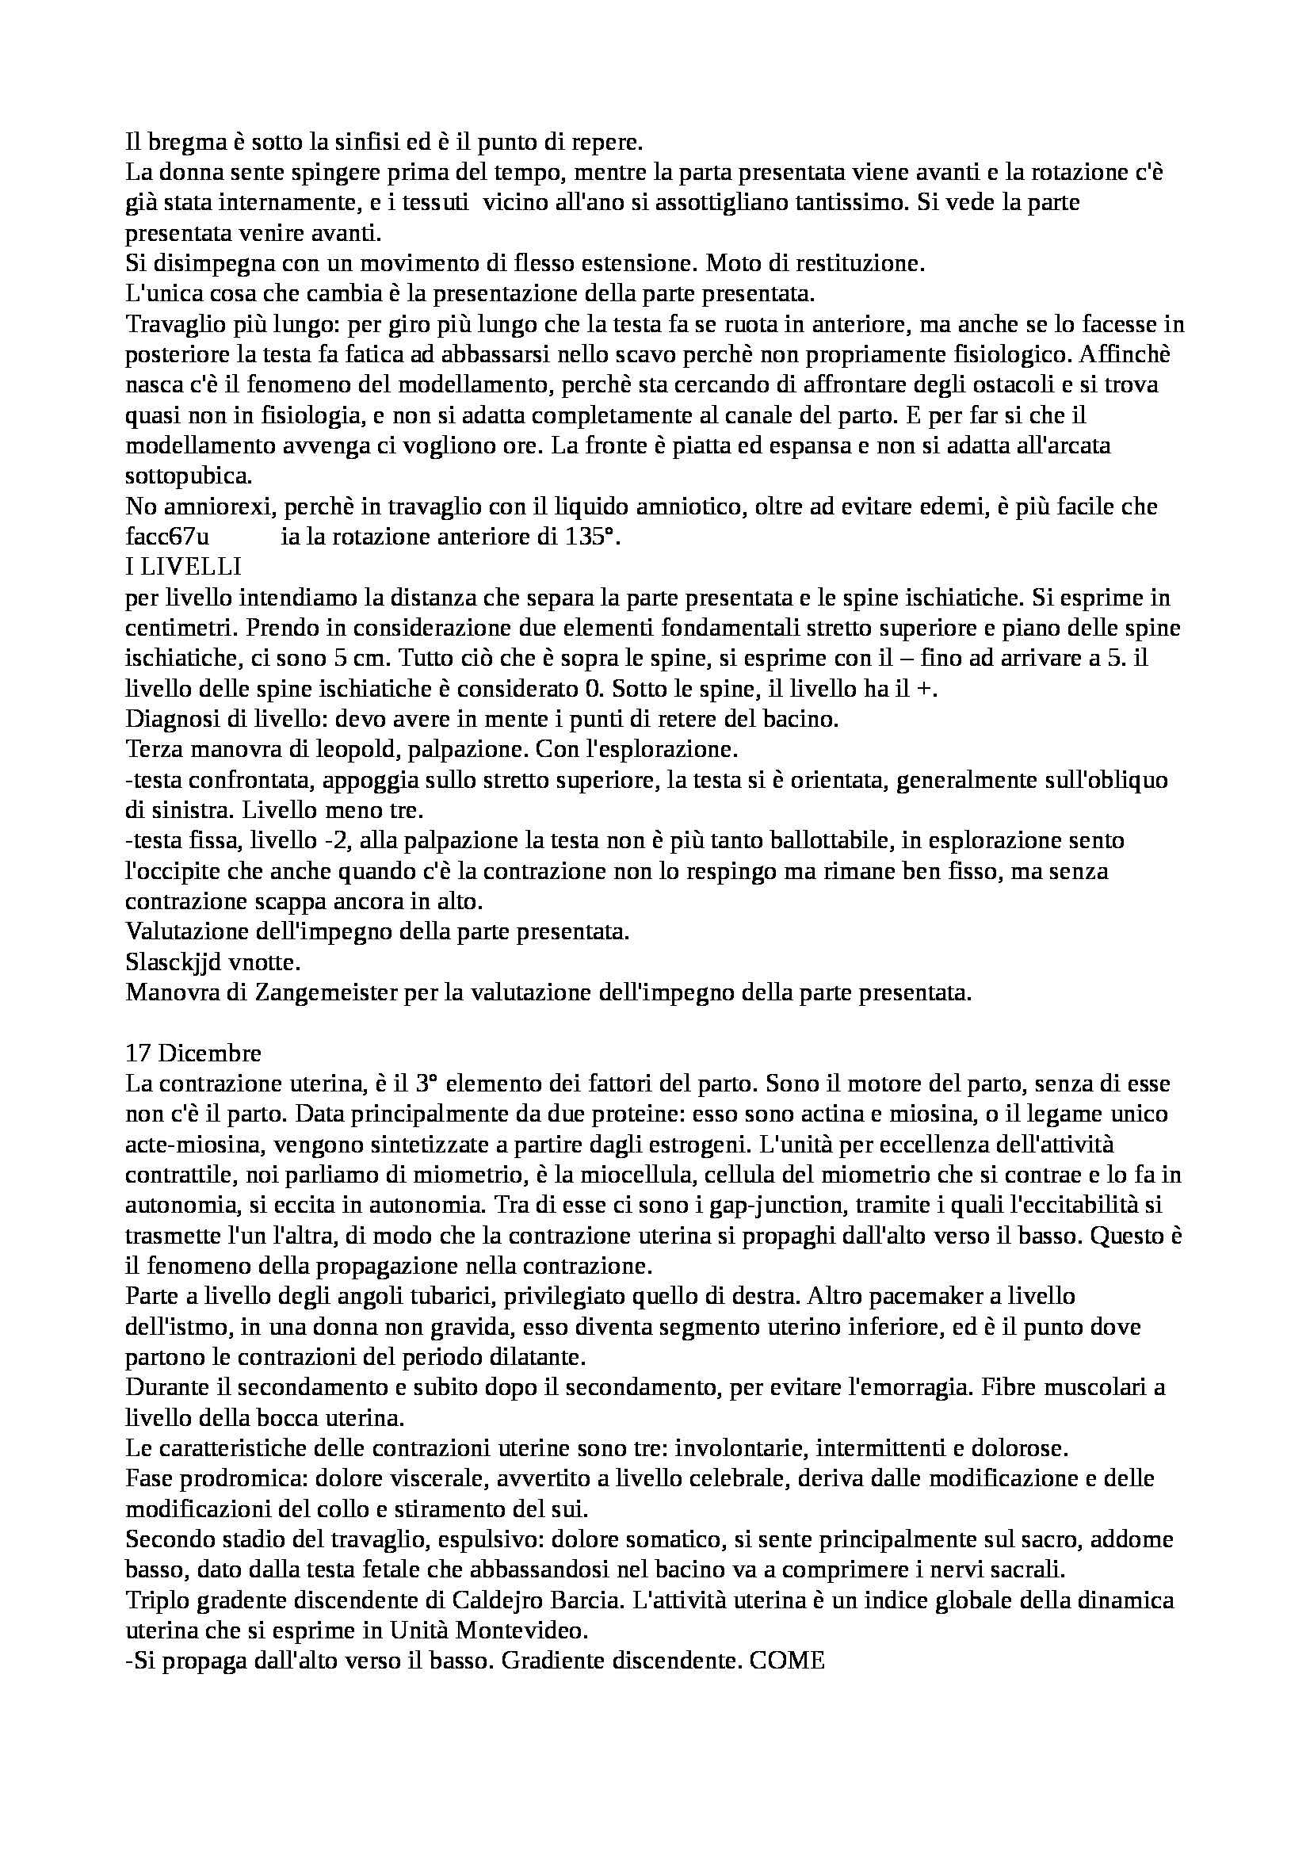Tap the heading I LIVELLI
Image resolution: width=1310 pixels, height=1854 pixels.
tap(183, 567)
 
